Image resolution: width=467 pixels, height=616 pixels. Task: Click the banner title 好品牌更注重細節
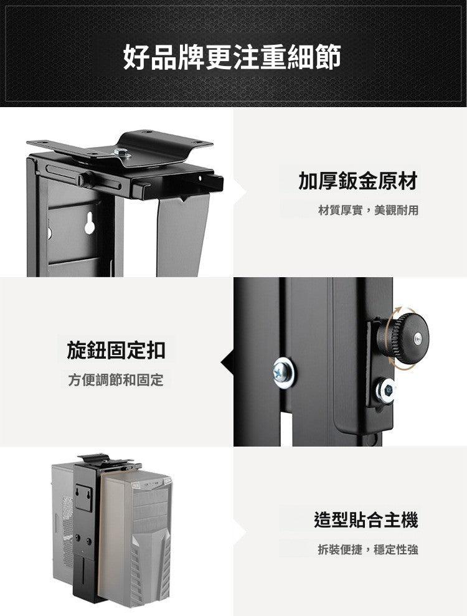click(x=232, y=57)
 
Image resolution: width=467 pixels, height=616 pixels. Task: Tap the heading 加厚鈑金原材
click(x=357, y=181)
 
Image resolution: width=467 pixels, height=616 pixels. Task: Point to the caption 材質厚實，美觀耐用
click(x=368, y=211)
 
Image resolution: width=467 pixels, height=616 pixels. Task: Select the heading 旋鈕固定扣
click(x=116, y=350)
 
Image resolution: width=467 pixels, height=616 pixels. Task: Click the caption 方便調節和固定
click(x=116, y=380)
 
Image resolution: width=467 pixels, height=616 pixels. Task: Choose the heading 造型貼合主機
click(x=366, y=519)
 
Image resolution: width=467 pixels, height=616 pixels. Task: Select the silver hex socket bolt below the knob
click(x=387, y=391)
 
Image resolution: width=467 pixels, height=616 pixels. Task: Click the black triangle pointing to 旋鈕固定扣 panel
click(x=227, y=361)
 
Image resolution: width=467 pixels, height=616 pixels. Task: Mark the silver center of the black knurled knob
click(x=417, y=337)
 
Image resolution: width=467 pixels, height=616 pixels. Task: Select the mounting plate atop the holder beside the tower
click(x=106, y=460)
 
